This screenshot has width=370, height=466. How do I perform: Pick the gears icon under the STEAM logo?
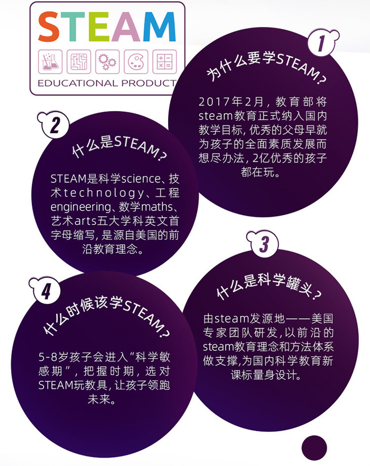click(x=107, y=61)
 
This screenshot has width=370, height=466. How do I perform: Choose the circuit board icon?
click(x=79, y=61)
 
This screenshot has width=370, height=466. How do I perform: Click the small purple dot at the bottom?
click(x=314, y=447)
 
